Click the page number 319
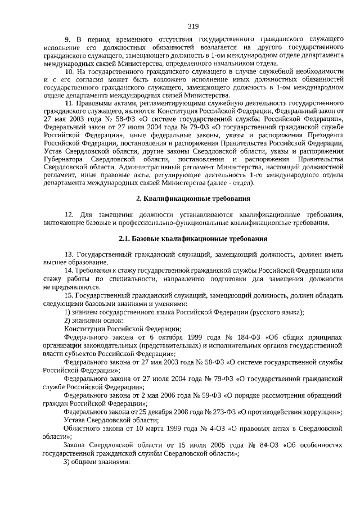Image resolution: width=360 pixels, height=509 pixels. [193, 26]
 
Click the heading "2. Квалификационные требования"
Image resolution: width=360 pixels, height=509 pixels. [193, 199]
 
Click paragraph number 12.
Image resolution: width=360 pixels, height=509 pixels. [70, 214]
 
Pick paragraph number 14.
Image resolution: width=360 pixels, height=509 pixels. [70, 271]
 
